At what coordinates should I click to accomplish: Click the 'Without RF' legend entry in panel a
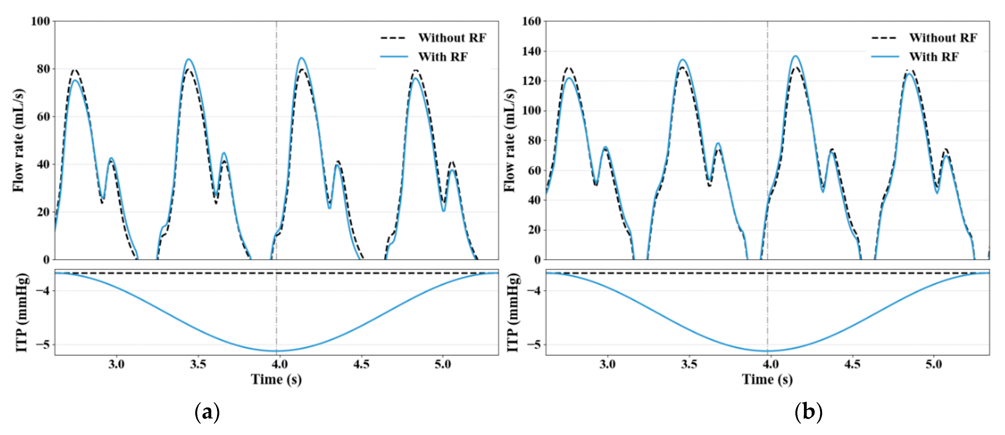(x=452, y=38)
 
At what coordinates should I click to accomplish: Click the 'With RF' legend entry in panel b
(x=934, y=57)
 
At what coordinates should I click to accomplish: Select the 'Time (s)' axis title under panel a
(x=276, y=379)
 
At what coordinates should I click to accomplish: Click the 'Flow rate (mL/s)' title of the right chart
(x=509, y=140)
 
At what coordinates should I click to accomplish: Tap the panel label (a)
(x=207, y=412)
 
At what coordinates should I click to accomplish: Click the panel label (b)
(x=808, y=412)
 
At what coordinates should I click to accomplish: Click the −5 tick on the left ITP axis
(x=43, y=345)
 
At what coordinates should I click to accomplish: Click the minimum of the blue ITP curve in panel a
(x=276, y=351)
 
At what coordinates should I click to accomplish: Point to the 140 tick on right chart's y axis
(x=531, y=51)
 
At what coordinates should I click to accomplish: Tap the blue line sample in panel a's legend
(x=394, y=57)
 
